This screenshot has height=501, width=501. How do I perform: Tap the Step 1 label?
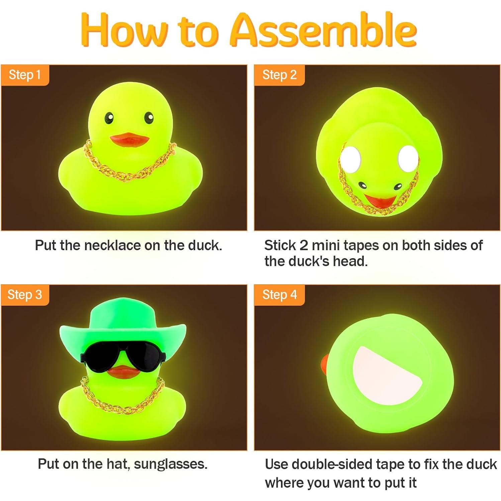[x=25, y=75]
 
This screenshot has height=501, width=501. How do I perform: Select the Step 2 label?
[x=280, y=75]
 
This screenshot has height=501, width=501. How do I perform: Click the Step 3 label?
[x=25, y=295]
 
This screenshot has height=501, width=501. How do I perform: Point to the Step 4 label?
[x=280, y=295]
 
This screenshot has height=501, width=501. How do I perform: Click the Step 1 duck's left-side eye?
[x=109, y=118]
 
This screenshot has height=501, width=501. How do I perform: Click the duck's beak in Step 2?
[x=379, y=201]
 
